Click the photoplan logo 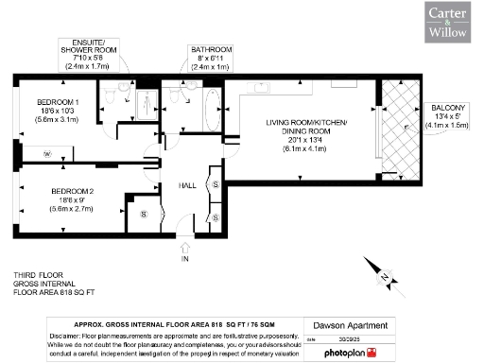(x=352, y=353)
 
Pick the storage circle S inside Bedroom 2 (x=144, y=215)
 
